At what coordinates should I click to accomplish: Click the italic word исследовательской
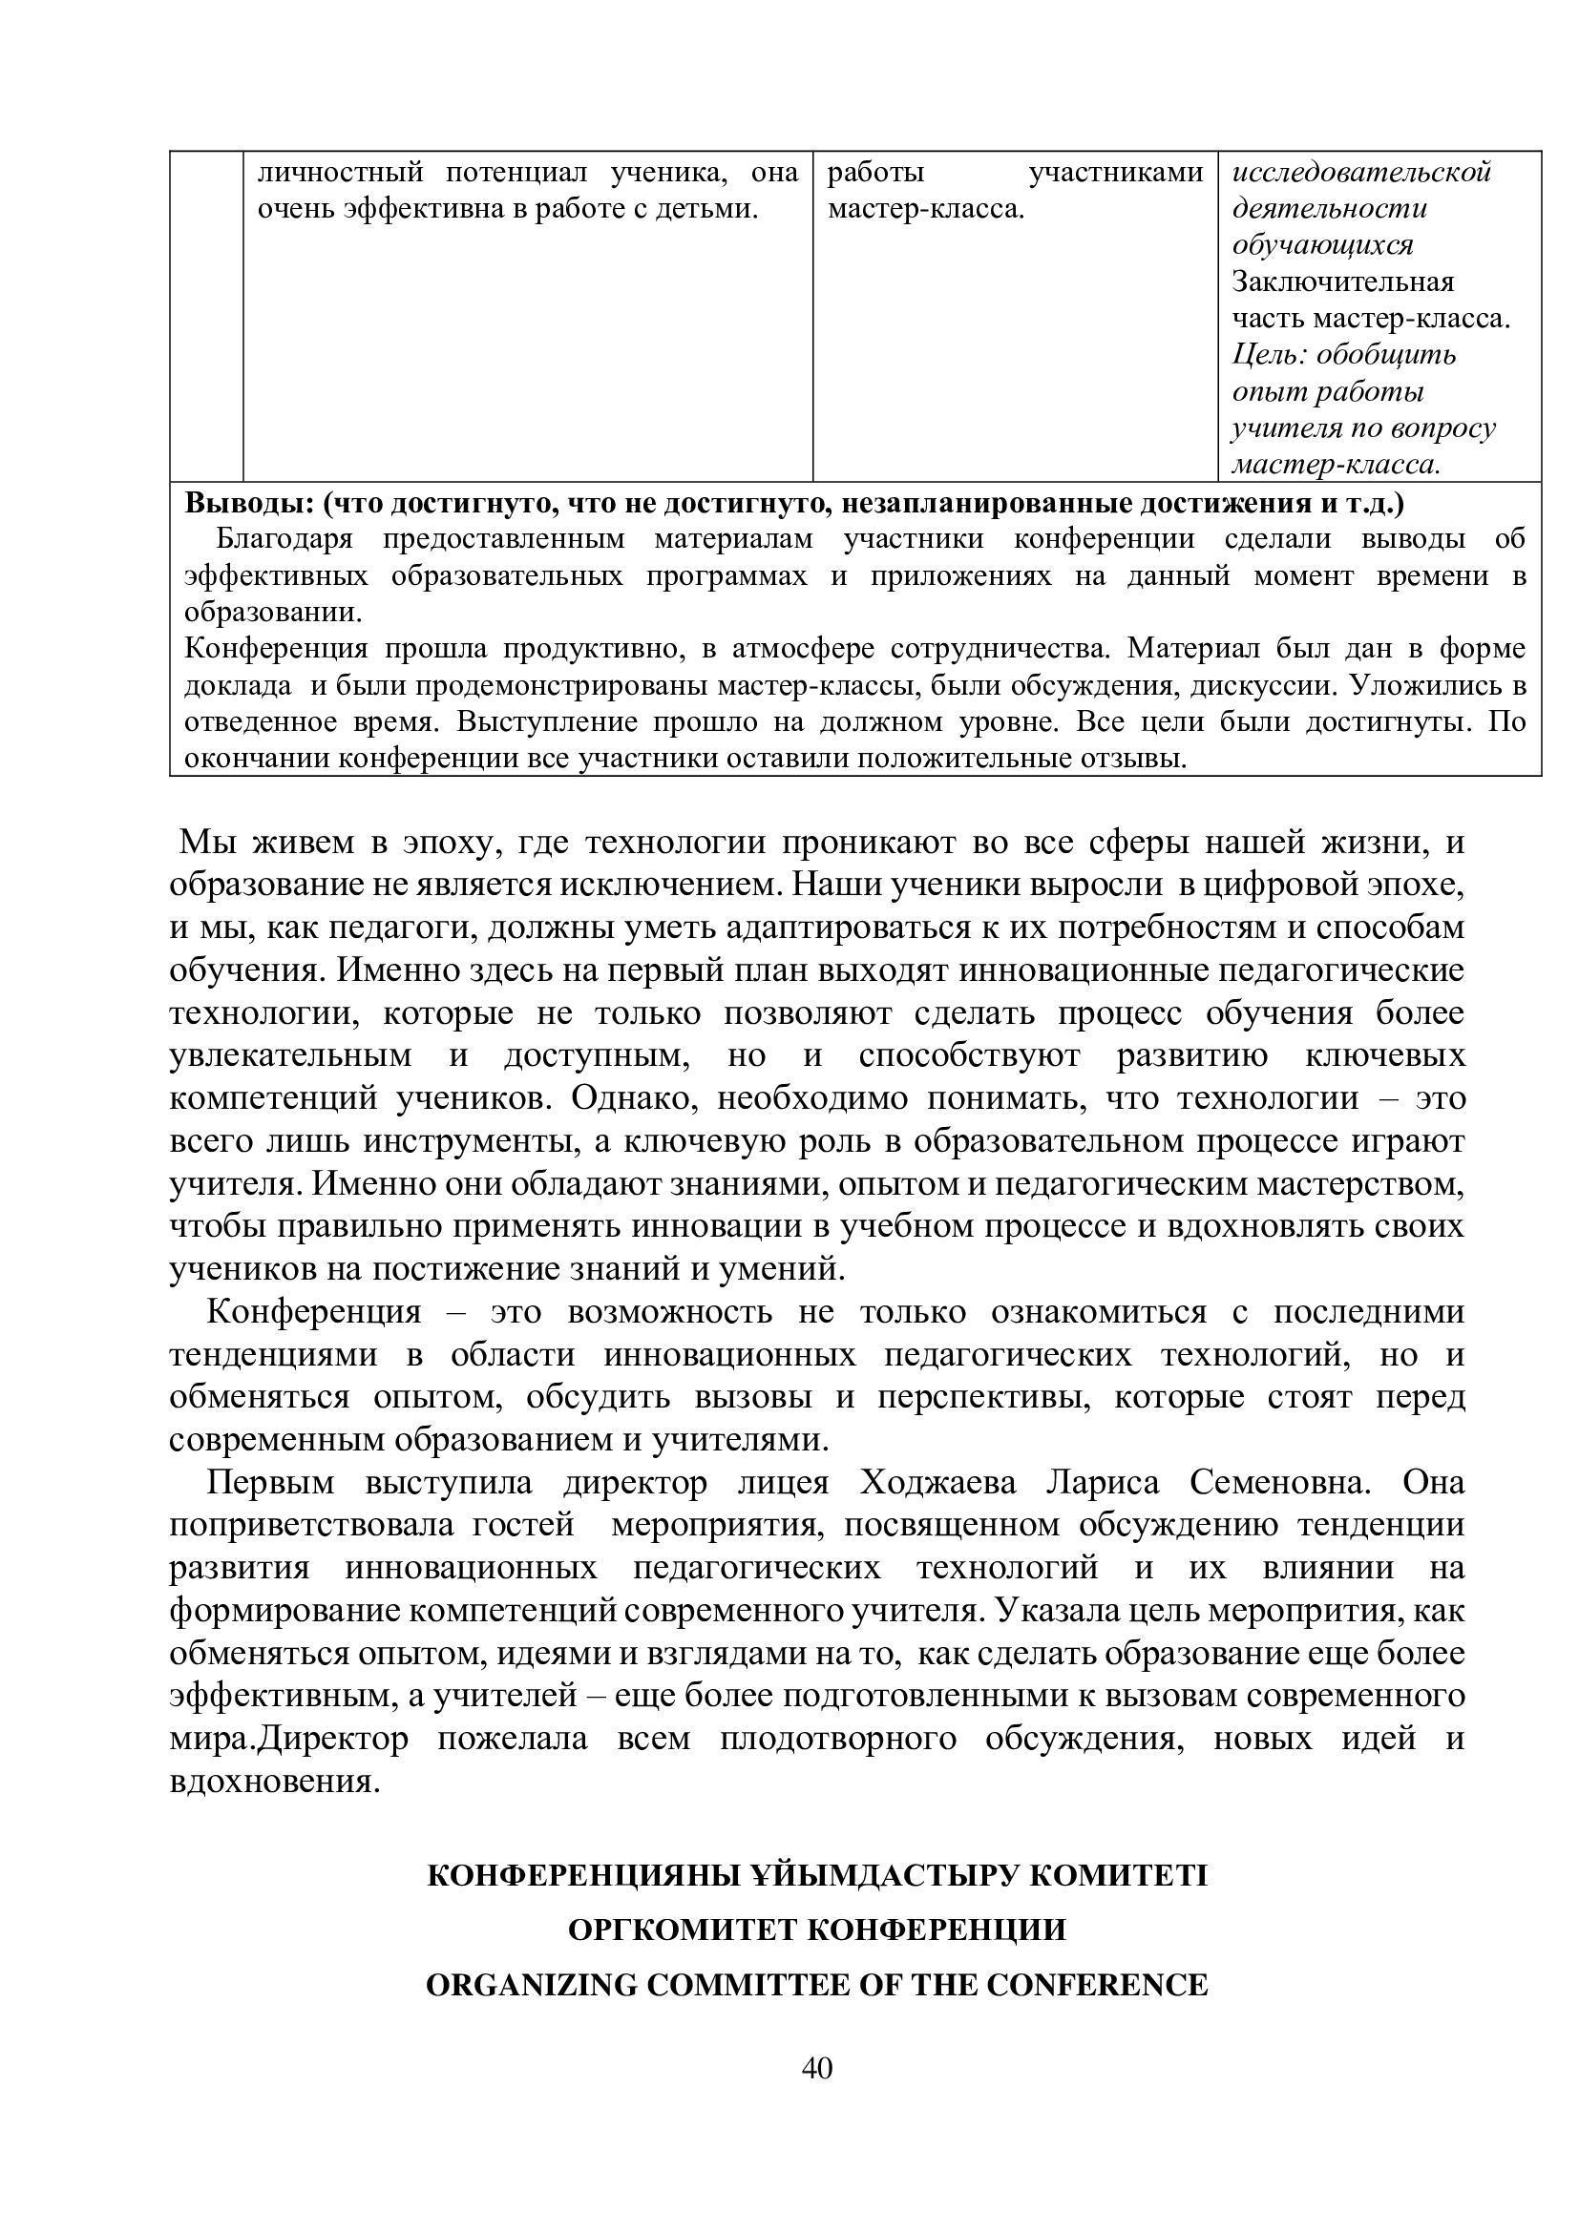click(x=1361, y=173)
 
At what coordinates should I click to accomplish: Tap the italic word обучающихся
click(x=1322, y=245)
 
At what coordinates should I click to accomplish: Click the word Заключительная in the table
click(x=1343, y=282)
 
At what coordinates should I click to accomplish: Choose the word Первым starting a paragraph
click(x=270, y=1484)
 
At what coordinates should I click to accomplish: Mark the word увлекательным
click(x=290, y=1055)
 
